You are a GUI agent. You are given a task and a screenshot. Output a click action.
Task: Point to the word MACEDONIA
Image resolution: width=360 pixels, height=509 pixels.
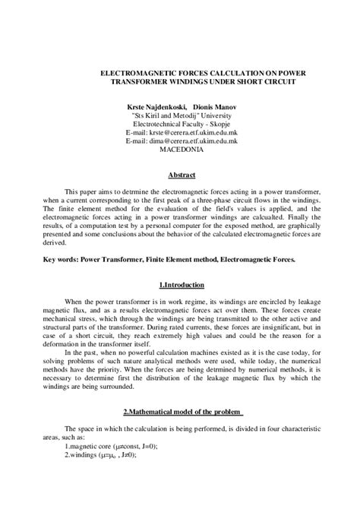pos(181,149)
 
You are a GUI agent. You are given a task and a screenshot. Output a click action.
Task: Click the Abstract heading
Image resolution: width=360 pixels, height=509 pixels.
pos(181,174)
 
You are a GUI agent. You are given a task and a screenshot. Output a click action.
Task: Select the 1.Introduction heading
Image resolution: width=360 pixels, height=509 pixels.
pos(181,285)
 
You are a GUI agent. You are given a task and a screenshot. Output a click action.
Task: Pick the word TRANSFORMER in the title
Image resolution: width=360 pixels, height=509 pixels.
pos(123,78)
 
